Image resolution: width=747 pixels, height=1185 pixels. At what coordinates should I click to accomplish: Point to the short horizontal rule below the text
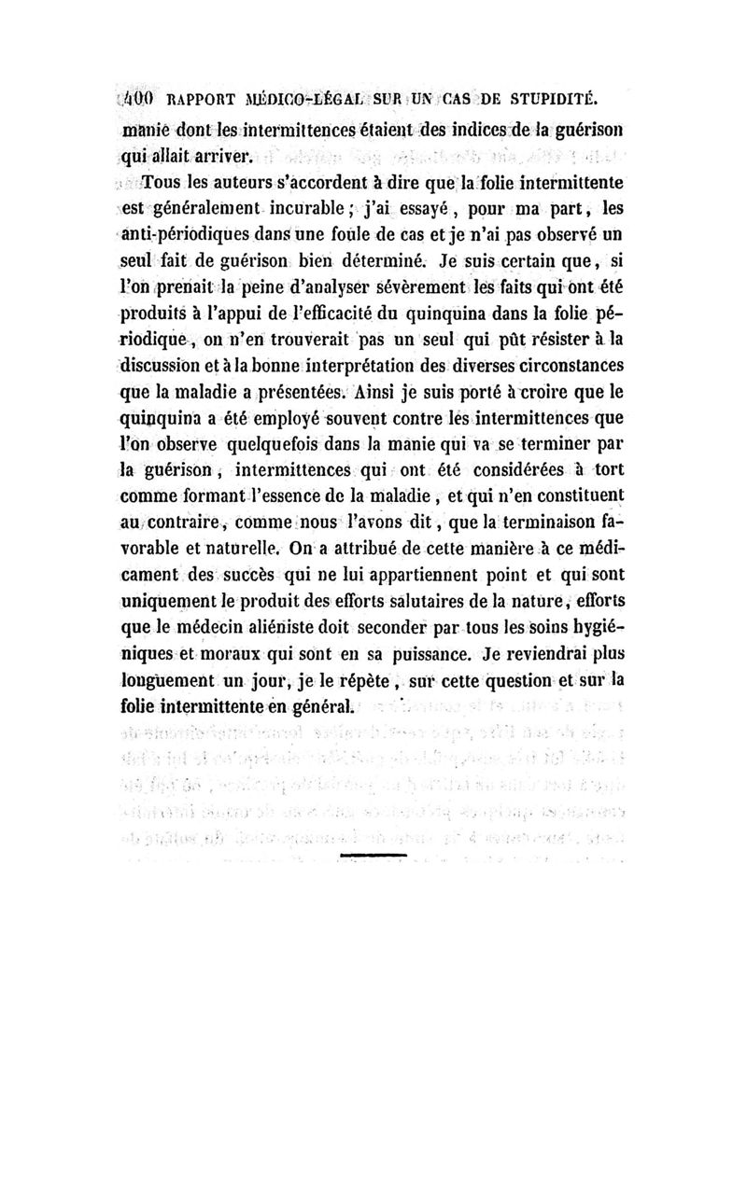point(373,854)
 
